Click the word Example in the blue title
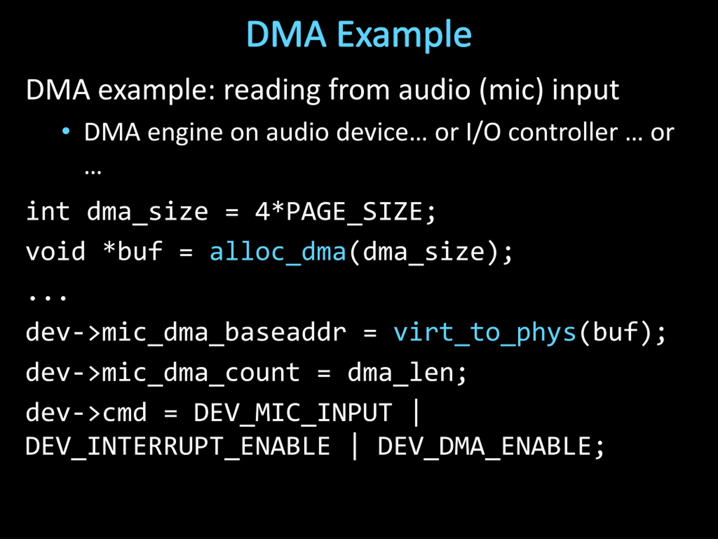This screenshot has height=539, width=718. pos(404,35)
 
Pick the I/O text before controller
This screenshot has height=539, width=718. pos(483,133)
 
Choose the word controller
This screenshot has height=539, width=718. pos(563,133)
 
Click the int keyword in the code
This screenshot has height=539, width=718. pos(48,211)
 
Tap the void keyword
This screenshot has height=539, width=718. pos(56,252)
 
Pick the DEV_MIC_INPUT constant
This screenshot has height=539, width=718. pos(293,413)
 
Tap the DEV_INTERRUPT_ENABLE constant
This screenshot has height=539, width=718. pos(178,447)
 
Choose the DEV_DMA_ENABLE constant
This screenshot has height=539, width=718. pos(484,447)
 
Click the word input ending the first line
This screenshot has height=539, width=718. pos(586,90)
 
